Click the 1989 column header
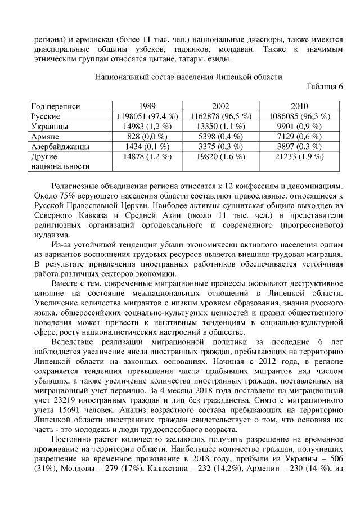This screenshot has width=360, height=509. [147, 106]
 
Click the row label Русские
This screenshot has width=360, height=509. [46, 116]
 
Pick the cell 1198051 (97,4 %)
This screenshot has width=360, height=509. [147, 116]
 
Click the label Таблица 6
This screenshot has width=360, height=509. [324, 86]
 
